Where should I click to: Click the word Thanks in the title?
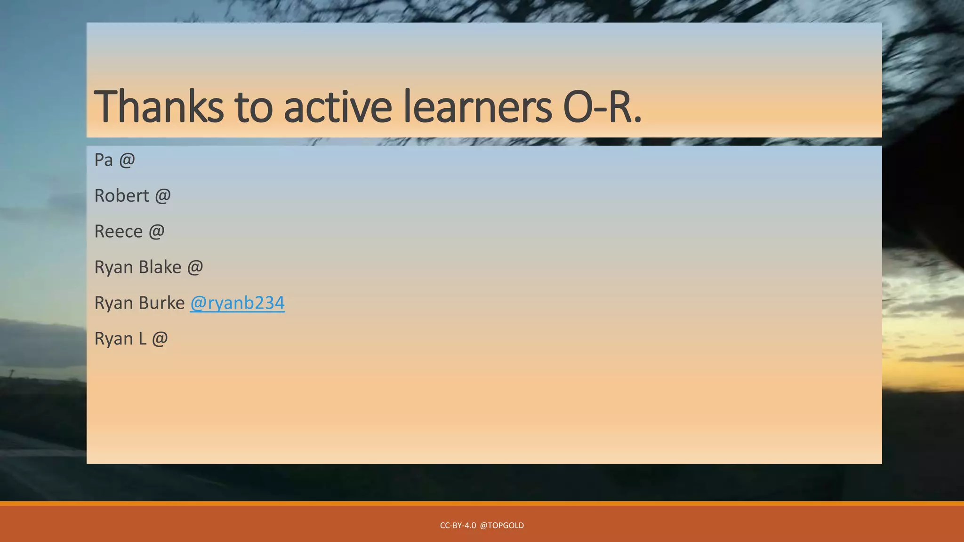pos(159,107)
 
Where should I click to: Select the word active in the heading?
pos(337,107)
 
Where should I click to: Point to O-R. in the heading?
pos(602,107)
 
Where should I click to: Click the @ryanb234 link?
pos(237,303)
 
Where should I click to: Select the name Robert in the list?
pos(121,196)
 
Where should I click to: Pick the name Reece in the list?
pos(118,231)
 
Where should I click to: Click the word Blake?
pos(160,267)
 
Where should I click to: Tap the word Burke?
pos(163,303)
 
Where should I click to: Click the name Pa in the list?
pos(104,160)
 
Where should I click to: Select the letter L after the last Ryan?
pos(142,339)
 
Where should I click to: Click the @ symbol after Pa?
pos(127,160)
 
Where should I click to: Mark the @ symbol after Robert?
pos(162,196)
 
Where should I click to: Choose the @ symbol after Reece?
pos(157,231)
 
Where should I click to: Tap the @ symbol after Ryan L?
pos(160,339)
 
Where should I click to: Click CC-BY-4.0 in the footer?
pos(458,526)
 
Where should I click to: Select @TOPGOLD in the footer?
pos(502,526)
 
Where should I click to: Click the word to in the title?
pos(254,107)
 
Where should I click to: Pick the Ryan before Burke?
pos(113,303)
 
